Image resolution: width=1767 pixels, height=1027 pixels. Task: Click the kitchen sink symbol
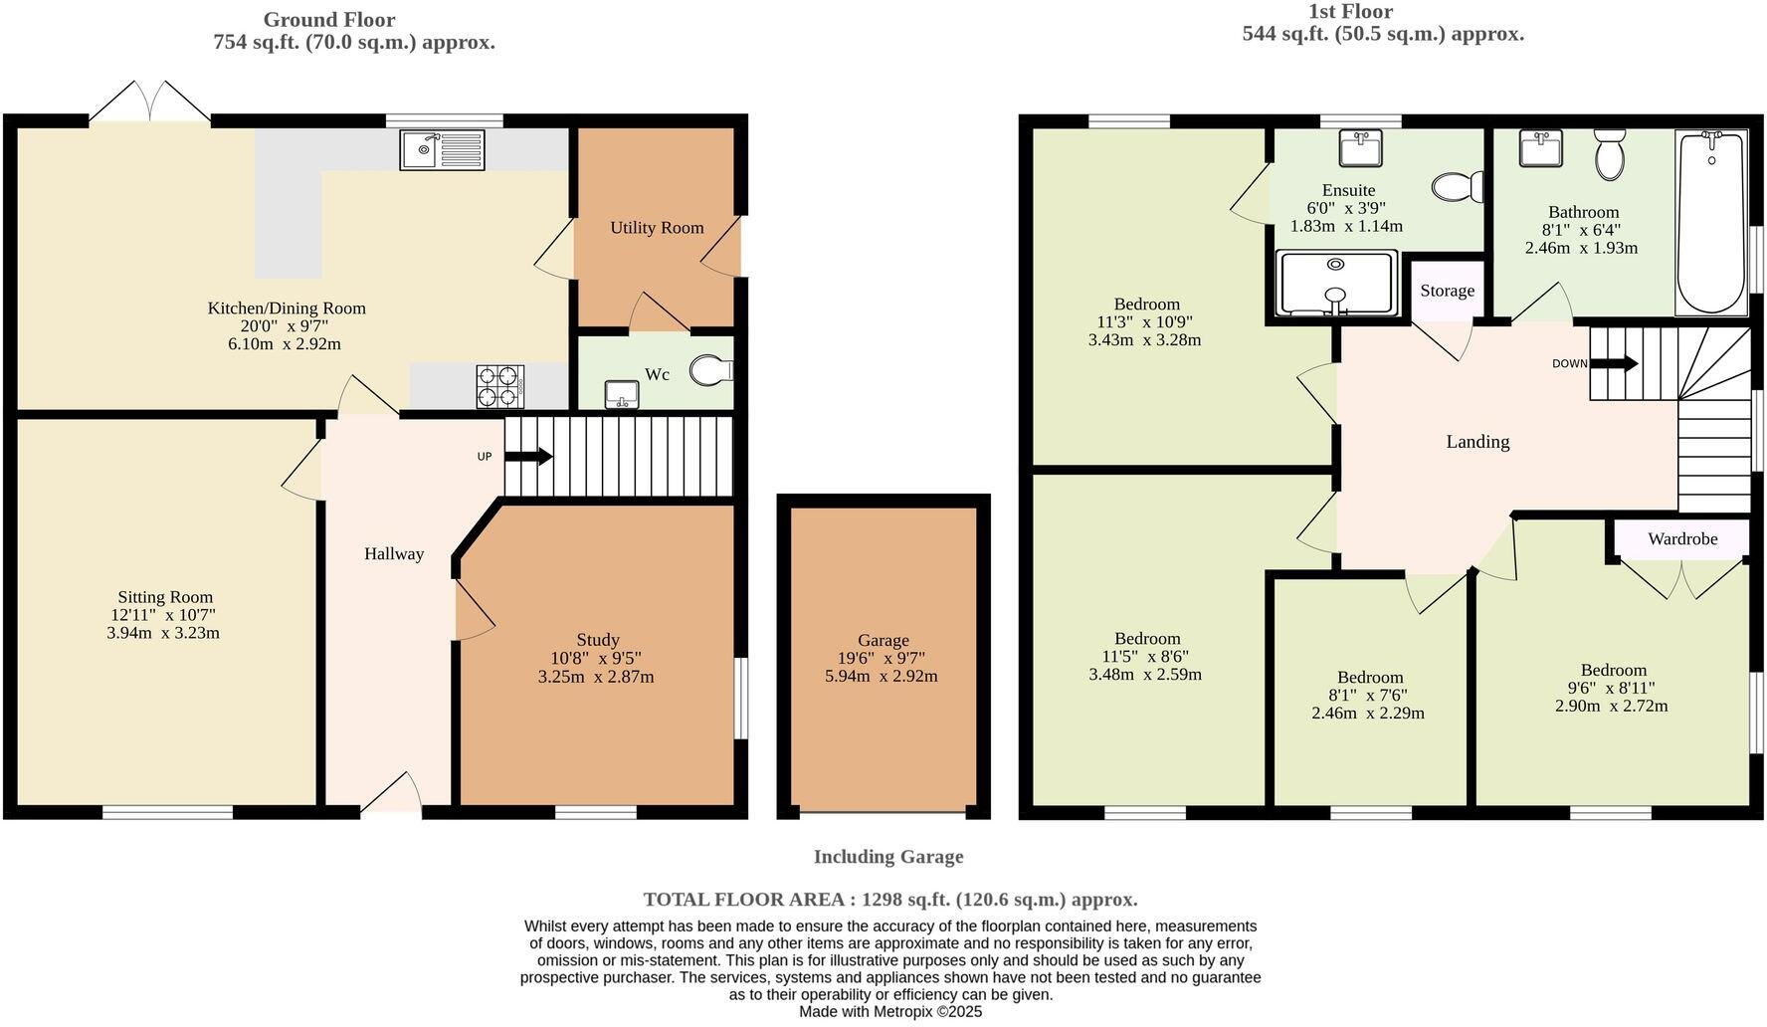coord(442,150)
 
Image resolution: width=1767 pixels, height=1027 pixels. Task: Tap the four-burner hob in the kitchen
coord(500,386)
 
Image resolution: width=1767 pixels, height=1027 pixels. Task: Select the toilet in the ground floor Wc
coord(711,371)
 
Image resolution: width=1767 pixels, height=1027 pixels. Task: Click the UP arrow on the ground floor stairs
coord(528,457)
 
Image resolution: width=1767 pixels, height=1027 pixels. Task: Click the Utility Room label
coord(657,228)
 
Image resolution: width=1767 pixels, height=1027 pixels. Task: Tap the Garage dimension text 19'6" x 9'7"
coord(883,658)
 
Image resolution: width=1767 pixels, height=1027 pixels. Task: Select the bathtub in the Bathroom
coord(1711,222)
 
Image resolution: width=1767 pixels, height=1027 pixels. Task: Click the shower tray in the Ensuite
coord(1336,285)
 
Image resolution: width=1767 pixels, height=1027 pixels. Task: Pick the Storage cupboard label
coord(1447,291)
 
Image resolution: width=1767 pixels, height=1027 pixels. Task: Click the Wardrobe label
coord(1681,539)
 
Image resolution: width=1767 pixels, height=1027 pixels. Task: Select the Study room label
coord(597,640)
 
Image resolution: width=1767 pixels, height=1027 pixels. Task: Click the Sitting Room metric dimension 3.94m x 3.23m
coord(163,633)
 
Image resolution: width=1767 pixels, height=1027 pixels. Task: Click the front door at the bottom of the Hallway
coord(391,796)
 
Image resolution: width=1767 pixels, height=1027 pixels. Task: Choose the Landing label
coord(1477,442)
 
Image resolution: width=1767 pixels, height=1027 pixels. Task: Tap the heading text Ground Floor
coord(329,20)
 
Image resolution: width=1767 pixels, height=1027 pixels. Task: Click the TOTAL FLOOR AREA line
coord(889,900)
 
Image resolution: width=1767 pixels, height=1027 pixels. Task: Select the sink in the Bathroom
coord(1540,149)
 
